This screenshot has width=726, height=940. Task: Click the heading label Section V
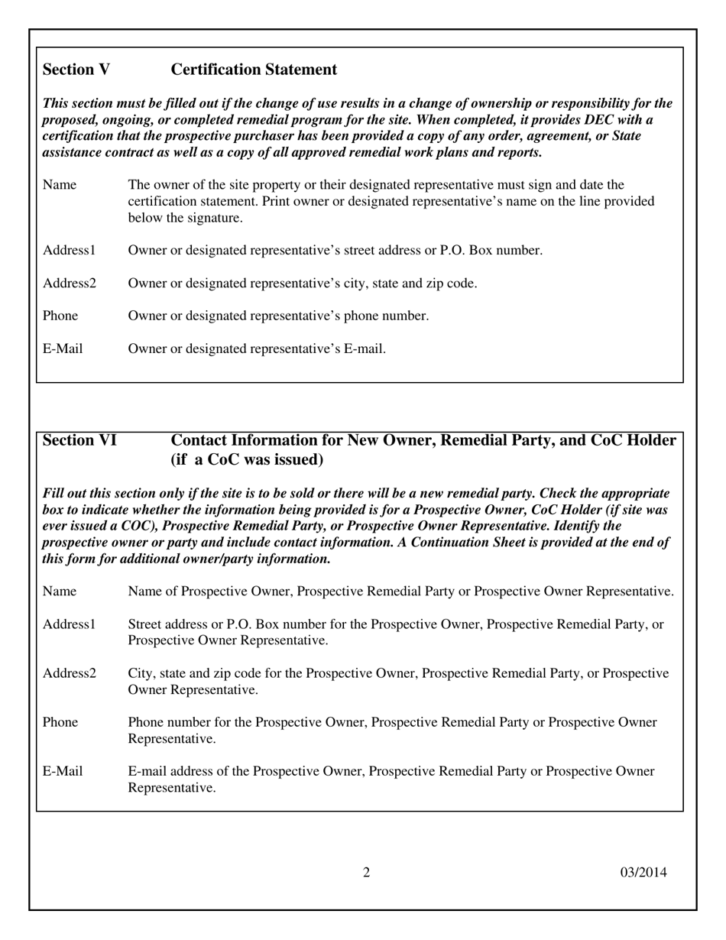tap(76, 70)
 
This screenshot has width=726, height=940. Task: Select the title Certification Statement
tap(254, 70)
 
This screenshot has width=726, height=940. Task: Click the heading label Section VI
tap(79, 440)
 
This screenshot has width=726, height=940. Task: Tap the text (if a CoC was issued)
tap(247, 460)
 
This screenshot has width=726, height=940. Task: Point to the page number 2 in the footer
tap(367, 872)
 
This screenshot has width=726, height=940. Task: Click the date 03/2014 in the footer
tap(643, 872)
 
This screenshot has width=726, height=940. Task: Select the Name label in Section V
tap(60, 185)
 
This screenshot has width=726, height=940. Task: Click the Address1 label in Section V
tap(70, 250)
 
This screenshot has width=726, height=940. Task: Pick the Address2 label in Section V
tap(70, 284)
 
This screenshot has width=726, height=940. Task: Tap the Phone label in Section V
tap(60, 316)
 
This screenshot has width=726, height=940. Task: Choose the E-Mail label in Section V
tap(63, 349)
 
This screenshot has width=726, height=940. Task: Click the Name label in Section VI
tap(60, 592)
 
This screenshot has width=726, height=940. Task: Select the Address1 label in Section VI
tap(70, 624)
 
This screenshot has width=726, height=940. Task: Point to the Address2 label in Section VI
tap(70, 673)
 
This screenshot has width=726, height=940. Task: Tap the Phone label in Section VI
tap(60, 722)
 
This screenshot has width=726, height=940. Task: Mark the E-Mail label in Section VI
tap(63, 771)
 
